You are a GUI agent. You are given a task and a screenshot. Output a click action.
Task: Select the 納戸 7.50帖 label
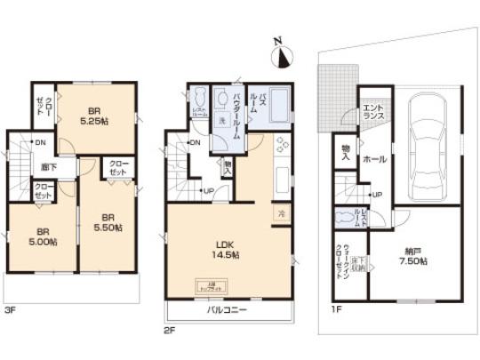click(x=413, y=256)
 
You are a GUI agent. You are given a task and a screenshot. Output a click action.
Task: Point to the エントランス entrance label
click(x=372, y=112)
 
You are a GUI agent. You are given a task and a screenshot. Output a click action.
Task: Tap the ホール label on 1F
click(x=373, y=158)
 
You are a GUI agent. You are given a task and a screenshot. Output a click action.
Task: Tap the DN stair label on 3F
click(x=40, y=142)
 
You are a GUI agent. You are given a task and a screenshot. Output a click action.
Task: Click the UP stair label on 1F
click(x=378, y=195)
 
